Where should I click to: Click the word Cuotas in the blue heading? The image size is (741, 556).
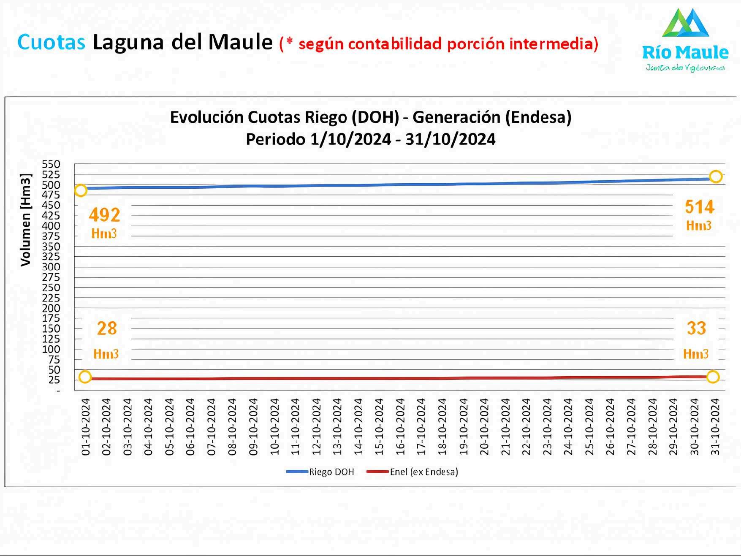[x=51, y=42]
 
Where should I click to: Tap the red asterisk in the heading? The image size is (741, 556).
[x=289, y=41]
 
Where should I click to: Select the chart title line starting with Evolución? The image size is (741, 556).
[x=371, y=117]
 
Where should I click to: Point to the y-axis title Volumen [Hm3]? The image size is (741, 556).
[x=26, y=220]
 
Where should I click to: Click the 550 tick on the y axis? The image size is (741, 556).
[x=51, y=164]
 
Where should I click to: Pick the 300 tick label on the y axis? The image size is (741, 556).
[x=51, y=267]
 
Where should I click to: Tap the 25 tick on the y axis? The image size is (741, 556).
[x=54, y=380]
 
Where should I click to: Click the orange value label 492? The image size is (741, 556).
[x=104, y=215]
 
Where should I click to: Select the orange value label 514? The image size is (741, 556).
[x=700, y=207]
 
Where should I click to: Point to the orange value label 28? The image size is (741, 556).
[x=106, y=328]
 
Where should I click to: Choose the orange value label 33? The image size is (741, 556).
[x=696, y=328]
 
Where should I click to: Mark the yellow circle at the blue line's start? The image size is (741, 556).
[x=81, y=190]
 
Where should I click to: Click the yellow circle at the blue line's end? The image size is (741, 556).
[x=716, y=176]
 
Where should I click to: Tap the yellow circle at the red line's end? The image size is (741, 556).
[x=713, y=377]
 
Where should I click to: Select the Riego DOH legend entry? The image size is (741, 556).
[x=320, y=472]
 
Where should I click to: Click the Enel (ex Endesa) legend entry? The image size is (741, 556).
[x=412, y=472]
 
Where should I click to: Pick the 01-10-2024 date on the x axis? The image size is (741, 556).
[x=86, y=427]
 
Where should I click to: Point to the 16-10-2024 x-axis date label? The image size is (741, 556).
[x=401, y=427]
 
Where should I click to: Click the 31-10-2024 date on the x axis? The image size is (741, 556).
[x=715, y=427]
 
